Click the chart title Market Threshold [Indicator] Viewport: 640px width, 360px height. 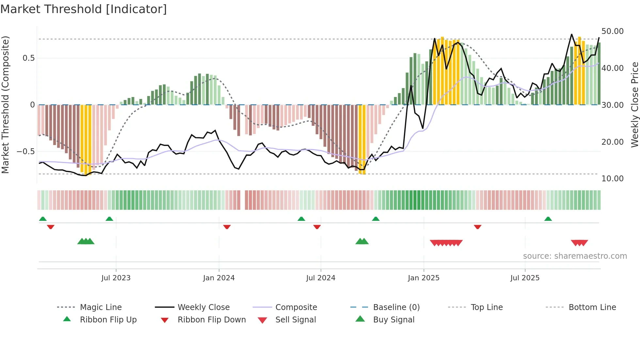click(84, 9)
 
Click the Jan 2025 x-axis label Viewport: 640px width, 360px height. click(424, 278)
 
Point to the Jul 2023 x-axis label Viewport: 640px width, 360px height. click(116, 278)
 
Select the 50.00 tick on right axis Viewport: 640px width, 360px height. click(612, 31)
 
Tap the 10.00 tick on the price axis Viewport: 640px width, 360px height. click(612, 179)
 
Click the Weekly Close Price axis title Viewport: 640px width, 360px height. click(634, 105)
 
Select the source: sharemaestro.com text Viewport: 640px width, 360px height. click(575, 256)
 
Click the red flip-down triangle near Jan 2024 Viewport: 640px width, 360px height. click(227, 227)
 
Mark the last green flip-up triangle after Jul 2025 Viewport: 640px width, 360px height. click(548, 219)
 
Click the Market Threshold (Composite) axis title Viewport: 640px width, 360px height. click(5, 105)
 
